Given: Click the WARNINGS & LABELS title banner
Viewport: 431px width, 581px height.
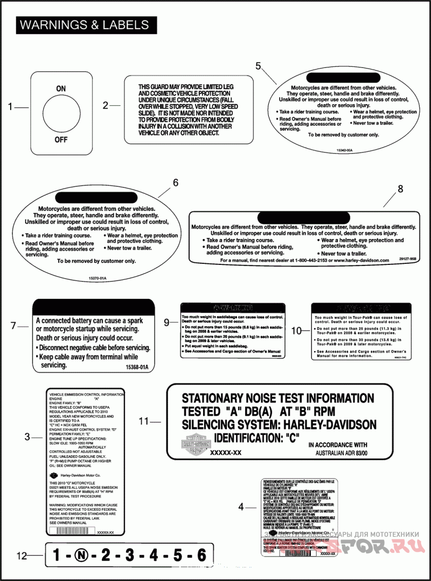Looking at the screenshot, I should (84, 25).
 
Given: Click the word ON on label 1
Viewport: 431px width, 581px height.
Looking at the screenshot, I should (61, 88).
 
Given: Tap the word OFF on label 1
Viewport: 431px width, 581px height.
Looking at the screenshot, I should (61, 140).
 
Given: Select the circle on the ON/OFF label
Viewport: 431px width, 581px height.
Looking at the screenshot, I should (61, 114).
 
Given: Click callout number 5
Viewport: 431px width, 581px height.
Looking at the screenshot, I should (258, 66).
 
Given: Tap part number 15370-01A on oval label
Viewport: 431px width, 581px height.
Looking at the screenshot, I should (98, 277).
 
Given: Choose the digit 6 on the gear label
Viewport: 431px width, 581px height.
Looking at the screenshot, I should (201, 555).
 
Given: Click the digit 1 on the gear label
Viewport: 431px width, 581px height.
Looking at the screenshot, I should (57, 555).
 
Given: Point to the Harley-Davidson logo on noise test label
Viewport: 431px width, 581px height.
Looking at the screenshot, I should (192, 443).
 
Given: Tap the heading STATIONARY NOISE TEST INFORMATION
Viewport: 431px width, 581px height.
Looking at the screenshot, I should (278, 399).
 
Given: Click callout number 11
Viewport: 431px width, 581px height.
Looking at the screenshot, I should (143, 421).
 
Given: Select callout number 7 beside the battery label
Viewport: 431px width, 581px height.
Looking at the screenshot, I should (15, 325).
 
